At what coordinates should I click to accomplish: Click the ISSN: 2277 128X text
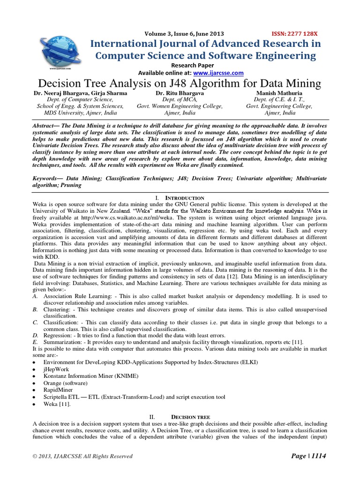coord(294,34)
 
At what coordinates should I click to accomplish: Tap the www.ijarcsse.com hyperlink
coord(218,73)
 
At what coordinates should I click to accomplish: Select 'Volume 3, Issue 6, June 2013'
coord(185,34)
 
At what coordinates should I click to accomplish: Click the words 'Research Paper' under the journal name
coord(192,65)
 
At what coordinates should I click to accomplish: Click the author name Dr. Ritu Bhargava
coord(180,93)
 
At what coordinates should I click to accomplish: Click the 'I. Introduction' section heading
coord(180,198)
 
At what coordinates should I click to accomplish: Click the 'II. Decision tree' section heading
coord(180,417)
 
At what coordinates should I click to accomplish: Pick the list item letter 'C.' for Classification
coord(36,323)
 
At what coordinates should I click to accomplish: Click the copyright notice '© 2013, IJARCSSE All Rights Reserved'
coord(82,456)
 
